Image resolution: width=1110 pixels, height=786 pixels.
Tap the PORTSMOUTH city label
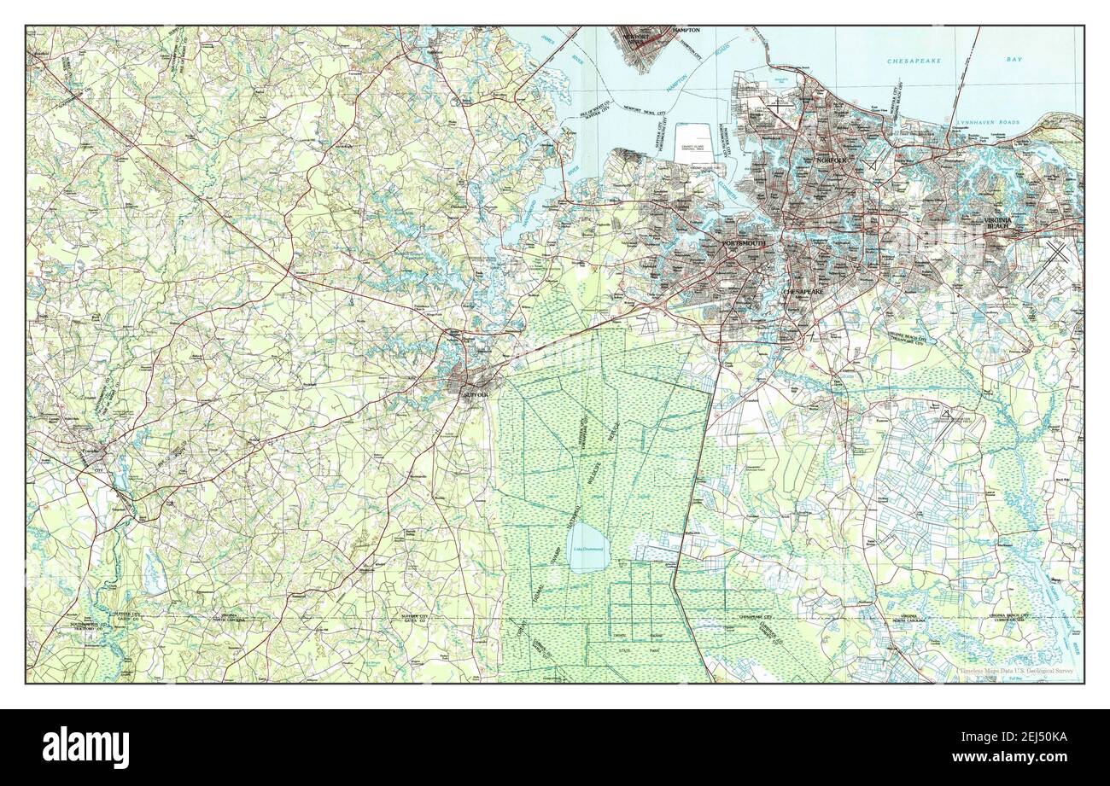click(743, 244)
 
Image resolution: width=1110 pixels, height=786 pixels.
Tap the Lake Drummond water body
click(588, 550)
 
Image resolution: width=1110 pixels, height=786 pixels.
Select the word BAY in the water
click(1014, 61)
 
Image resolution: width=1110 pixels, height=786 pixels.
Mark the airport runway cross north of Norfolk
click(871, 165)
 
